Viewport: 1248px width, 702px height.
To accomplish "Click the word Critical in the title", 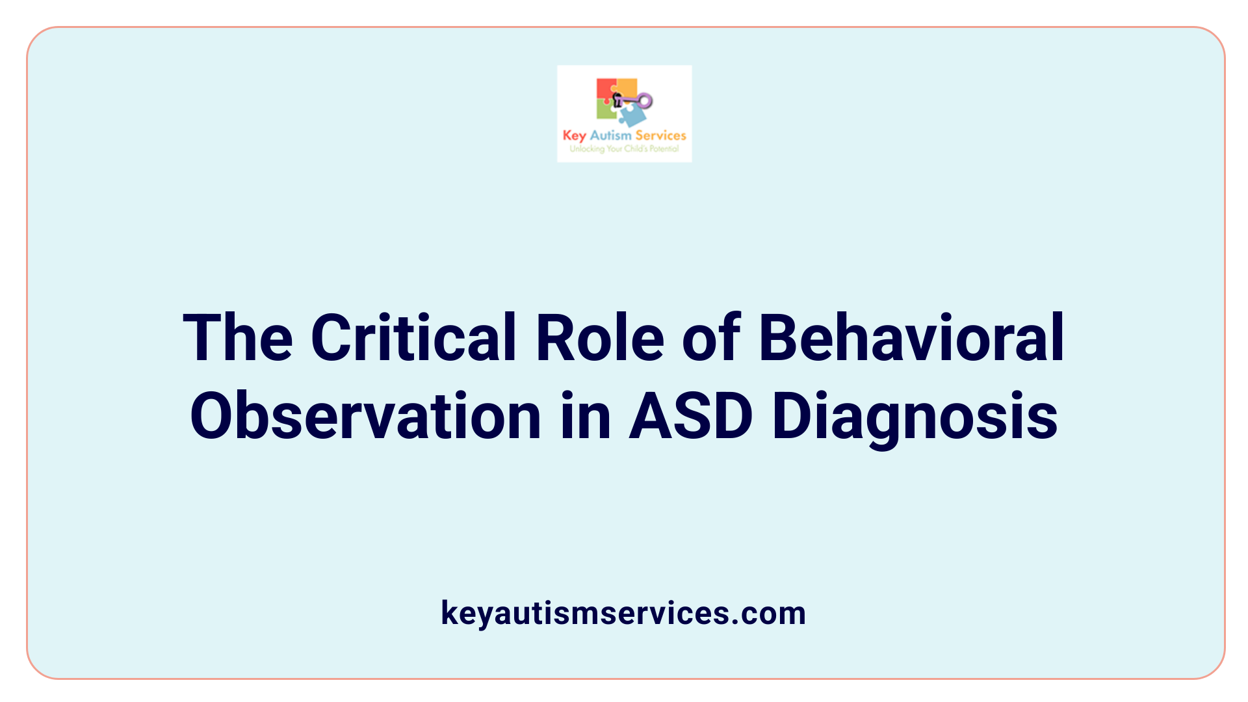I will pos(413,338).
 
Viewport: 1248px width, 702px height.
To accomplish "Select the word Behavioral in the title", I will pos(911,338).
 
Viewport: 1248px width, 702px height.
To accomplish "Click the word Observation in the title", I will pos(365,416).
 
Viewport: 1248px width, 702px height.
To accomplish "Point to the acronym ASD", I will pos(690,416).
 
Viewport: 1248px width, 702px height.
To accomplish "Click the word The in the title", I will pos(238,338).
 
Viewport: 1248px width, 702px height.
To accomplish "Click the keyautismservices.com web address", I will pos(623,613).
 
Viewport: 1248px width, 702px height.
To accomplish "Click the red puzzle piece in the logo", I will pos(604,89).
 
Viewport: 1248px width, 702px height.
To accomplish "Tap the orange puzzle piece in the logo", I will pos(627,87).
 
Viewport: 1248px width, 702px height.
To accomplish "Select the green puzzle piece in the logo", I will pos(606,110).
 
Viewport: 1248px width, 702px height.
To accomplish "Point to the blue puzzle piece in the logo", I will pos(632,116).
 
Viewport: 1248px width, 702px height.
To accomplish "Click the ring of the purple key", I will pos(645,101).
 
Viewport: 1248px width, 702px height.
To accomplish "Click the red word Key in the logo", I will pos(574,136).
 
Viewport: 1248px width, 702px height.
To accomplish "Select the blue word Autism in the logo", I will pos(610,135).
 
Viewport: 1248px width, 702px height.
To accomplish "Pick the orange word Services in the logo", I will pos(660,135).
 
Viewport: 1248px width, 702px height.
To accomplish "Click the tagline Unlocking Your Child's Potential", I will pos(624,149).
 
